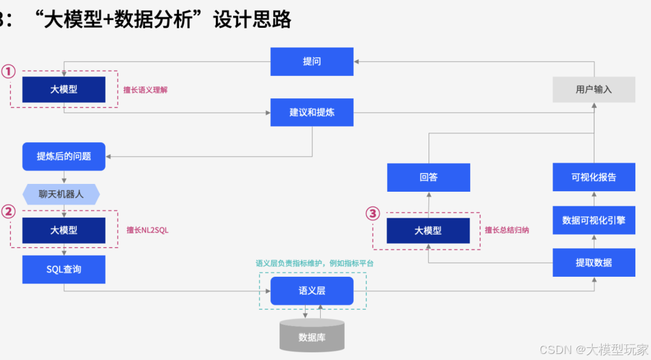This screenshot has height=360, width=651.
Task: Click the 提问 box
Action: pos(312,62)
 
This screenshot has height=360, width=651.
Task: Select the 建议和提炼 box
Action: pos(312,112)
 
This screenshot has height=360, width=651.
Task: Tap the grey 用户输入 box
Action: pos(594,89)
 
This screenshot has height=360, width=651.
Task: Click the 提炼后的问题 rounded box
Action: pos(64,156)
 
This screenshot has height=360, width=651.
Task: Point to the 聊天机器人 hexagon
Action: pos(61,194)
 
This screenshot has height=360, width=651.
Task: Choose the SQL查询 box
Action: pos(64,269)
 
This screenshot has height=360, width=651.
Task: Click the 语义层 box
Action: pos(312,291)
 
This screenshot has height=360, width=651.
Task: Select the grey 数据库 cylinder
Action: pos(312,336)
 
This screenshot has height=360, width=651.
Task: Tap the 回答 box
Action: pos(429,177)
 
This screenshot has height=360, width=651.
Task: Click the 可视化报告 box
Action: pos(594,177)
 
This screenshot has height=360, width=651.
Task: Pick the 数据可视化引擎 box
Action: pos(594,220)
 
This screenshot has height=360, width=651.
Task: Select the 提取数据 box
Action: pos(594,262)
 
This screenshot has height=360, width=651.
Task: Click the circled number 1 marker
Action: pos(7,72)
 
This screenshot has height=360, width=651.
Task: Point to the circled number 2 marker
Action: pos(7,211)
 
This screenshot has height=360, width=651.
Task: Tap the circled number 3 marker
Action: pos(374,213)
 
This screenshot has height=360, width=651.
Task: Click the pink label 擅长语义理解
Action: pos(145,90)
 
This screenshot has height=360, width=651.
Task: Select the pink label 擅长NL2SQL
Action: pos(148,230)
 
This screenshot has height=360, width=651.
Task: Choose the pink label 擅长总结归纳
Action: pos(507,230)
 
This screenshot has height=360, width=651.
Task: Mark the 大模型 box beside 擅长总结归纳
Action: pos(428,230)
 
